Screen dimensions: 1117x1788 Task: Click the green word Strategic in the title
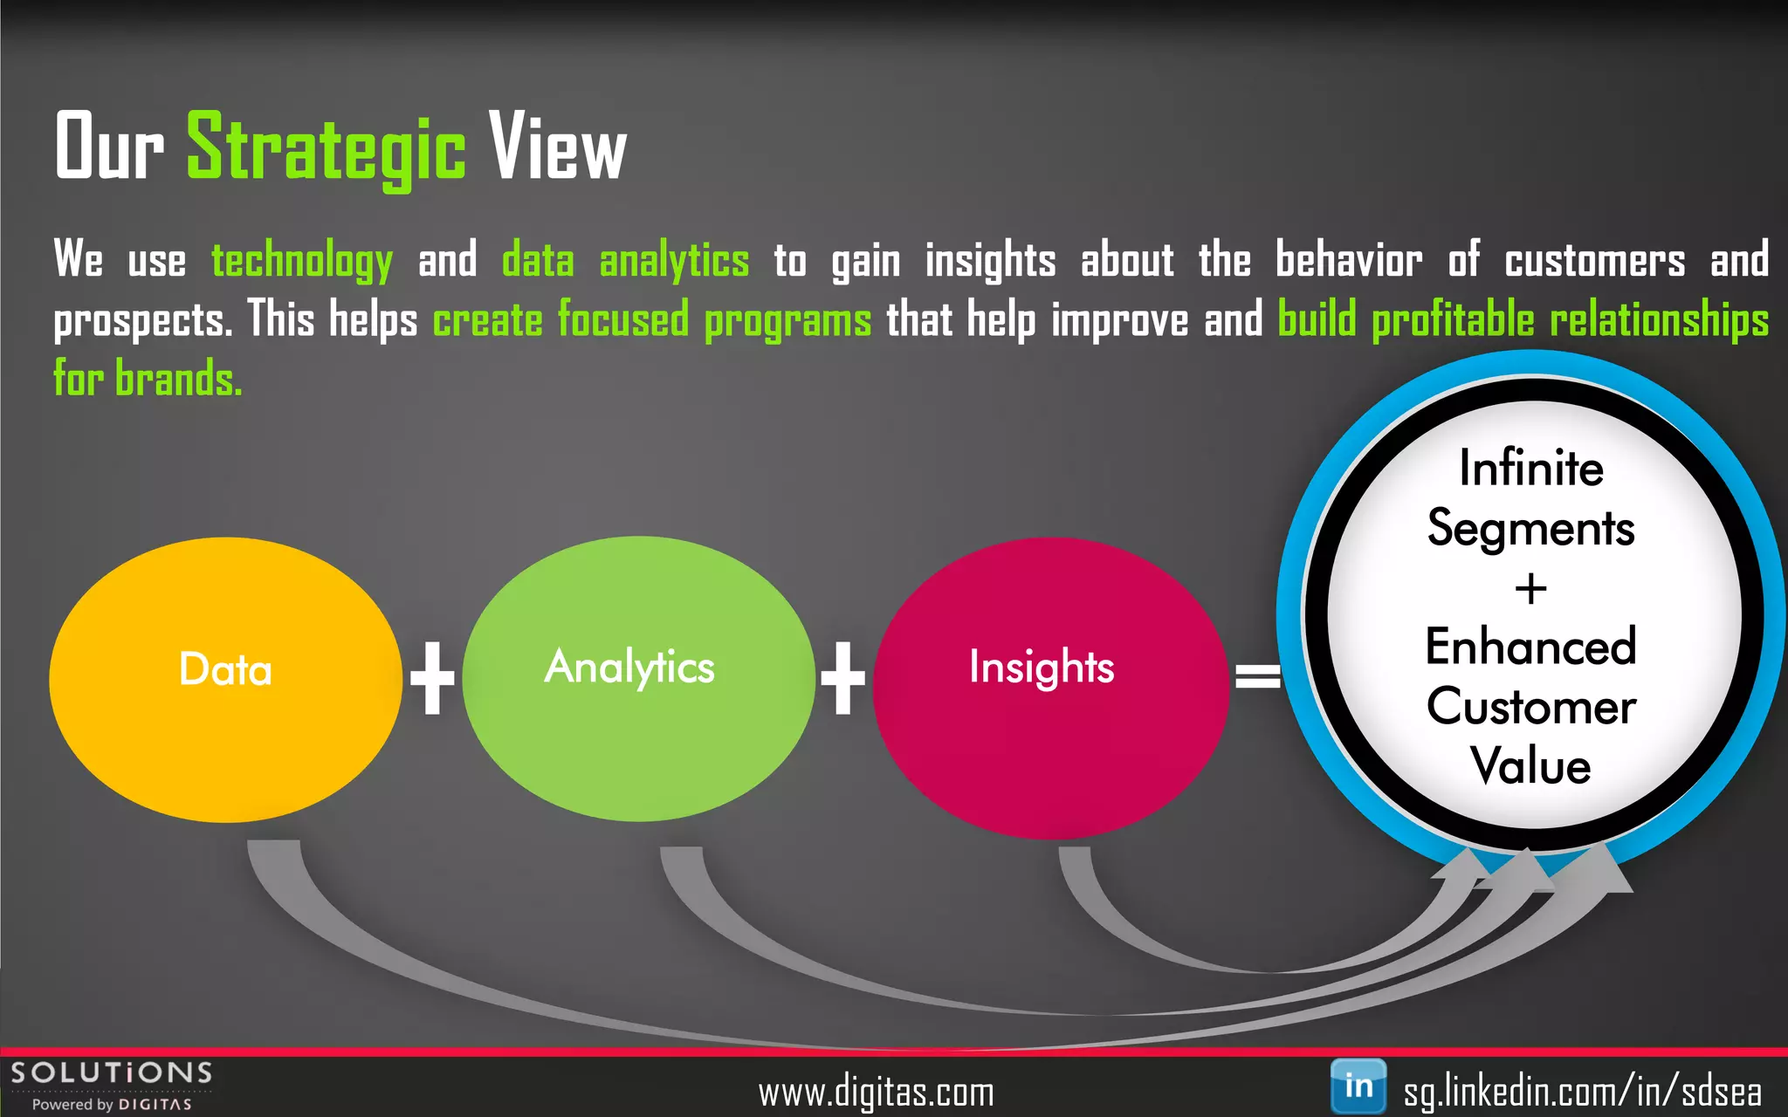(x=326, y=148)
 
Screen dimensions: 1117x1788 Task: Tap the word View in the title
(x=557, y=148)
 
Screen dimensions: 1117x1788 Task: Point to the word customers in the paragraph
(x=1594, y=261)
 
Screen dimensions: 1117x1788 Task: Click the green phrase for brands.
(x=148, y=379)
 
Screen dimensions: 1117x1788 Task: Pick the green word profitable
(x=1453, y=319)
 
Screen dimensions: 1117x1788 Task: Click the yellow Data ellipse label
(x=225, y=670)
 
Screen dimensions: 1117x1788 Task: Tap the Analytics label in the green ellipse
(x=629, y=668)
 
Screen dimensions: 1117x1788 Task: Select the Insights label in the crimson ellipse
(x=1042, y=668)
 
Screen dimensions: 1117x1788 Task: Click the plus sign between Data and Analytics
(x=432, y=678)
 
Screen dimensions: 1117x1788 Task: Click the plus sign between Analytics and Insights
(x=842, y=678)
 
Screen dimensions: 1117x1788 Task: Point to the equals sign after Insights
(x=1257, y=675)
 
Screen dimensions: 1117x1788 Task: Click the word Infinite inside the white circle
(x=1531, y=468)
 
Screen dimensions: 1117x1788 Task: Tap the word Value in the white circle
(x=1530, y=766)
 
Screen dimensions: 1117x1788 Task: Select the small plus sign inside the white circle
(x=1530, y=589)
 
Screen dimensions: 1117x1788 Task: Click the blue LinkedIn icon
(x=1358, y=1086)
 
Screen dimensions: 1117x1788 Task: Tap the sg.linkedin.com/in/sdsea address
(x=1582, y=1092)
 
